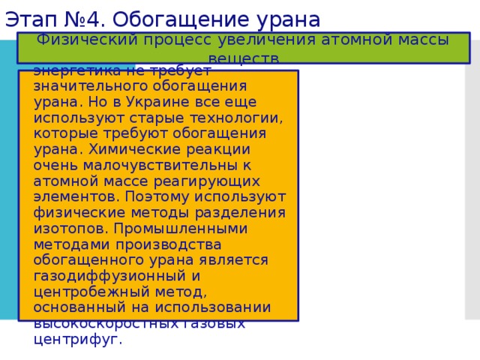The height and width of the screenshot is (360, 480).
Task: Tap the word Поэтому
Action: (152, 196)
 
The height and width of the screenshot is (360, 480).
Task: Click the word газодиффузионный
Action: (99, 276)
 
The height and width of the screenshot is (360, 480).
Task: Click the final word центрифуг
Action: (76, 339)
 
